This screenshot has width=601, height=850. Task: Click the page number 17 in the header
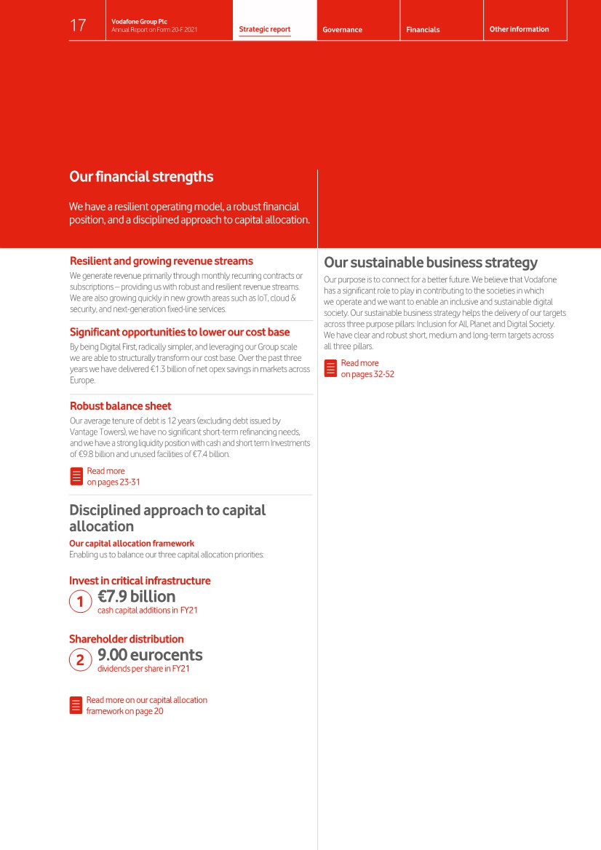(78, 26)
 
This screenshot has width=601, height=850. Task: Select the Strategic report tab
(265, 30)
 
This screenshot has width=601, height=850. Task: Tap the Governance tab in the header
(342, 30)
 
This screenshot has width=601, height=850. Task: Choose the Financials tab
(423, 30)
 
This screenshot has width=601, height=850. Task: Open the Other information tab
(520, 29)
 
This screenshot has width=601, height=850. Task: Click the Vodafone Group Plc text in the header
(139, 22)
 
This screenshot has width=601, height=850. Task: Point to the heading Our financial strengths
(141, 177)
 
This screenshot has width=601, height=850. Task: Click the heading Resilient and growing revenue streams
(162, 261)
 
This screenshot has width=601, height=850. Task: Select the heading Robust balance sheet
(121, 406)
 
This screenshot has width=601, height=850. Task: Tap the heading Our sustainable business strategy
(431, 263)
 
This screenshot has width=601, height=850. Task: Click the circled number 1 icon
(80, 602)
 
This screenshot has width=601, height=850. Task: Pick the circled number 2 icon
(80, 660)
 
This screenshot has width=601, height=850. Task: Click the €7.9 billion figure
(137, 597)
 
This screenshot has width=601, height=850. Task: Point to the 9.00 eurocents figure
(150, 655)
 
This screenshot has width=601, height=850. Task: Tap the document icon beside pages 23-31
(76, 477)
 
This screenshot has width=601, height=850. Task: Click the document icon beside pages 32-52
(330, 368)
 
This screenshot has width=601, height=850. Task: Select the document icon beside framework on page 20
(76, 705)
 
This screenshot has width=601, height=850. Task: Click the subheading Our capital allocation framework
(132, 544)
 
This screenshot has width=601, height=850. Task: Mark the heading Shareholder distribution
(127, 639)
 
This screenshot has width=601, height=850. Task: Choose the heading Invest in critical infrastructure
(140, 581)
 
